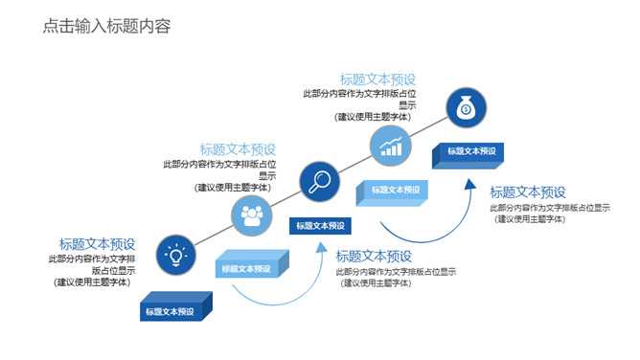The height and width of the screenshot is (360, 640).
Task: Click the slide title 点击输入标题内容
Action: pos(106,27)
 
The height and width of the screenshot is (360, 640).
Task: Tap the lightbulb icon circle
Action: pos(174,255)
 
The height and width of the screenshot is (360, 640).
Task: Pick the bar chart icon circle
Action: pos(390,146)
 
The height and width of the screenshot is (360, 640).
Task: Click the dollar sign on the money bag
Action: pos(466,109)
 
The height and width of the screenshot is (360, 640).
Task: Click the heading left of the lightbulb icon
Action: pos(98,244)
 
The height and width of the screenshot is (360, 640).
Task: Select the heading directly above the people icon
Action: pos(238,149)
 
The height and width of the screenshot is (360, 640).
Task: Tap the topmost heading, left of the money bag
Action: pos(377,79)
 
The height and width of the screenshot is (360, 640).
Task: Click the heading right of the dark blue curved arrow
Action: pos(528,192)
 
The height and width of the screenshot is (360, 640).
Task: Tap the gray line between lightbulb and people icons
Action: pos(214,236)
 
